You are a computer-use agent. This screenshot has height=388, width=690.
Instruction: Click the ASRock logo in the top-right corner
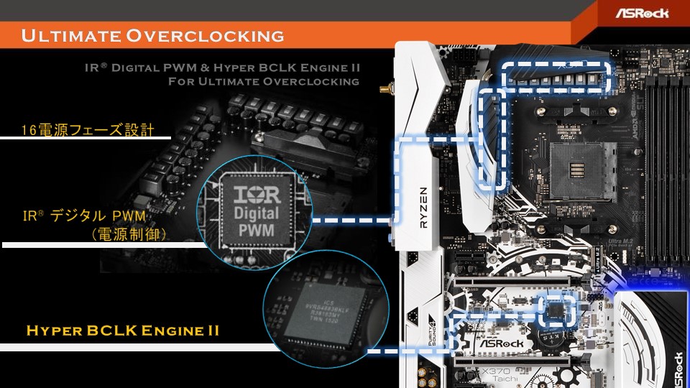point(642,12)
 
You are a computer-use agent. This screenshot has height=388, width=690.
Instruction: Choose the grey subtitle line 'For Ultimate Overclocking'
point(263,81)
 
